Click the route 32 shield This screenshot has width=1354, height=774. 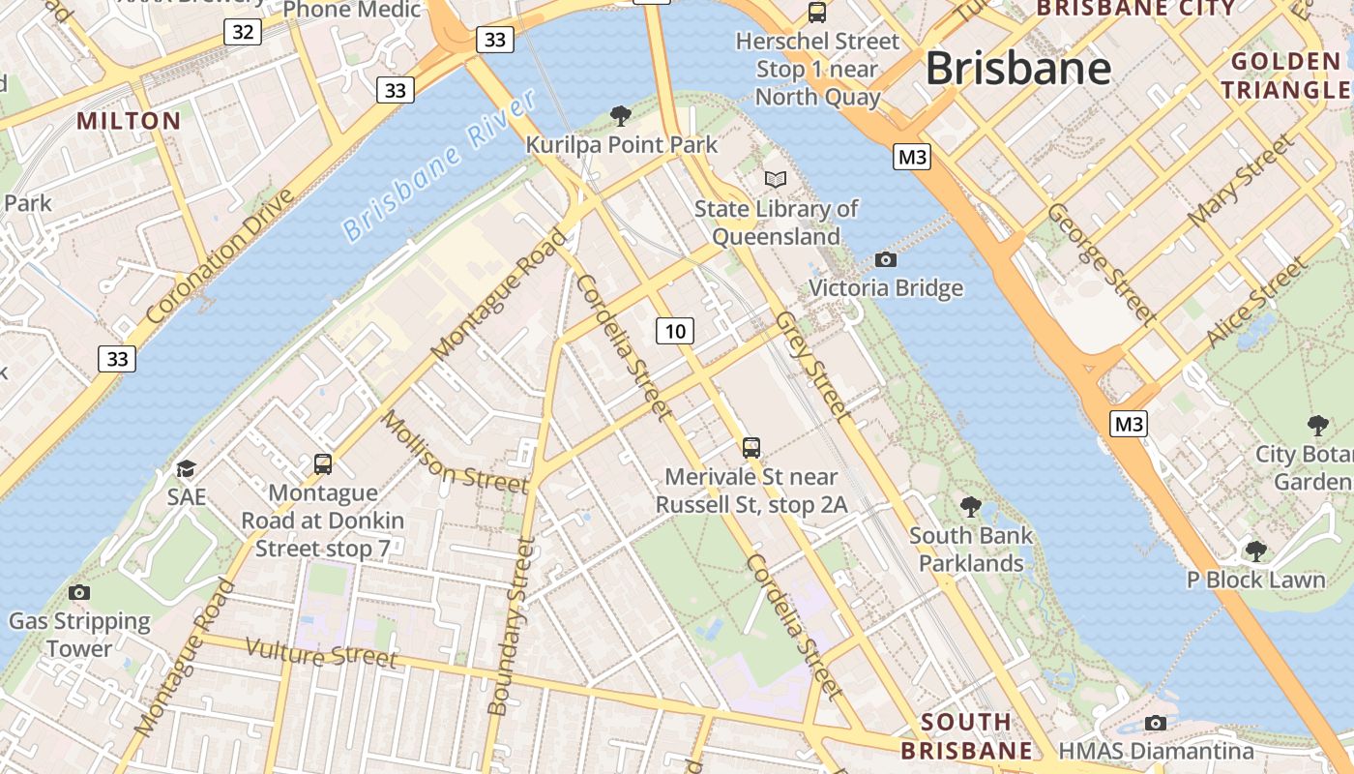[243, 32]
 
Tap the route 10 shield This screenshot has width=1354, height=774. [675, 331]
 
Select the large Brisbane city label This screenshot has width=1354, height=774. [1017, 69]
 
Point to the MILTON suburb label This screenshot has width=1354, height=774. [129, 121]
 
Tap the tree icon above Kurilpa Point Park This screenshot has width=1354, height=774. [621, 116]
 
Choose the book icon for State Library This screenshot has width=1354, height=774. [776, 179]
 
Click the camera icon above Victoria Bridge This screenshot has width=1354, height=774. [885, 259]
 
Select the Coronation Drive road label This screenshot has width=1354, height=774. [221, 257]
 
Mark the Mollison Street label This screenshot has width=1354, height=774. [454, 451]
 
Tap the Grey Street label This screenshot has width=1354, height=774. [813, 366]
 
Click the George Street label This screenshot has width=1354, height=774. [1102, 262]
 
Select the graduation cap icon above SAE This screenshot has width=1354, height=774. [186, 469]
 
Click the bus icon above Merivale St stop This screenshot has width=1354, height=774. [751, 447]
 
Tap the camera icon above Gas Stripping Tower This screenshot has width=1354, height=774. [79, 592]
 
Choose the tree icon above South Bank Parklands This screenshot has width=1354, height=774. [970, 506]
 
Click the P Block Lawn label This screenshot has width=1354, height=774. [1255, 580]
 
